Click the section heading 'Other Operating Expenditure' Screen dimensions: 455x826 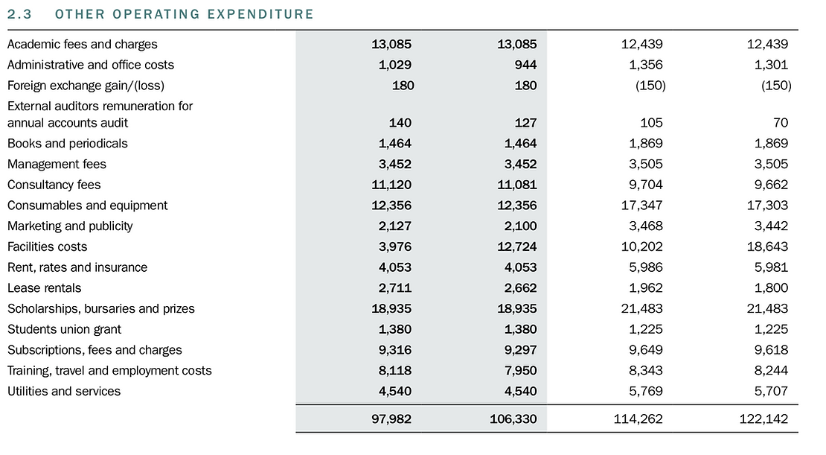click(185, 14)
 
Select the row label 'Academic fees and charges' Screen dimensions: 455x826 click(83, 44)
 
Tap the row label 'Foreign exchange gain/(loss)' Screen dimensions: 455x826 click(86, 86)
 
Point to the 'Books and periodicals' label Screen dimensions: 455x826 click(68, 144)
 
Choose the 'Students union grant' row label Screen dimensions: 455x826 click(64, 329)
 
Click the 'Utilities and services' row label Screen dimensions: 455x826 click(64, 391)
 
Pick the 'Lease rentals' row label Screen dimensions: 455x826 click(45, 288)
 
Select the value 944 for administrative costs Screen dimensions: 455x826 click(525, 65)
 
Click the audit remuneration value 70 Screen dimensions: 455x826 click(780, 123)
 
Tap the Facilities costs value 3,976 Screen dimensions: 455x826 click(394, 246)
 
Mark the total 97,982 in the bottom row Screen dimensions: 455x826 click(391, 419)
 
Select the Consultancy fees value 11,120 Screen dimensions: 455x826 click(391, 185)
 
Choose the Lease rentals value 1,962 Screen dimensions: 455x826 click(645, 288)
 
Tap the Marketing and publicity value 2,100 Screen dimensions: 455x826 click(520, 226)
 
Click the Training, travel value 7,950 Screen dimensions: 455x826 click(520, 371)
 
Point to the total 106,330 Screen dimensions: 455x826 click(513, 419)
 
